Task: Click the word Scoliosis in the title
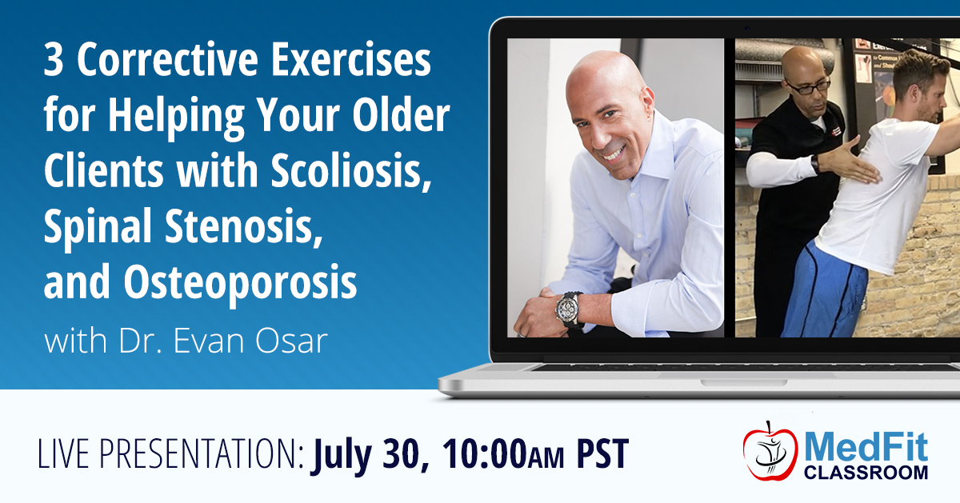tap(350, 170)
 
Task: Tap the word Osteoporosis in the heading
tap(241, 282)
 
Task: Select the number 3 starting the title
tap(53, 61)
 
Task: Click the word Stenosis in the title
tap(243, 226)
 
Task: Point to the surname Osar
tap(291, 341)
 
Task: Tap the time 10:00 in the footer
tap(484, 453)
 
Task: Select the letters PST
tap(602, 453)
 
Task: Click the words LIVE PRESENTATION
tap(170, 453)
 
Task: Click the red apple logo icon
tap(770, 451)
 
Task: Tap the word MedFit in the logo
tap(866, 446)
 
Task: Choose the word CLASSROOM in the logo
tap(866, 472)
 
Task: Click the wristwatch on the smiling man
tap(570, 309)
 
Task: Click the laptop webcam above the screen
tap(747, 28)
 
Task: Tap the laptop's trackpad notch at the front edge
tap(744, 382)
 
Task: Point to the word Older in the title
tap(401, 115)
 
